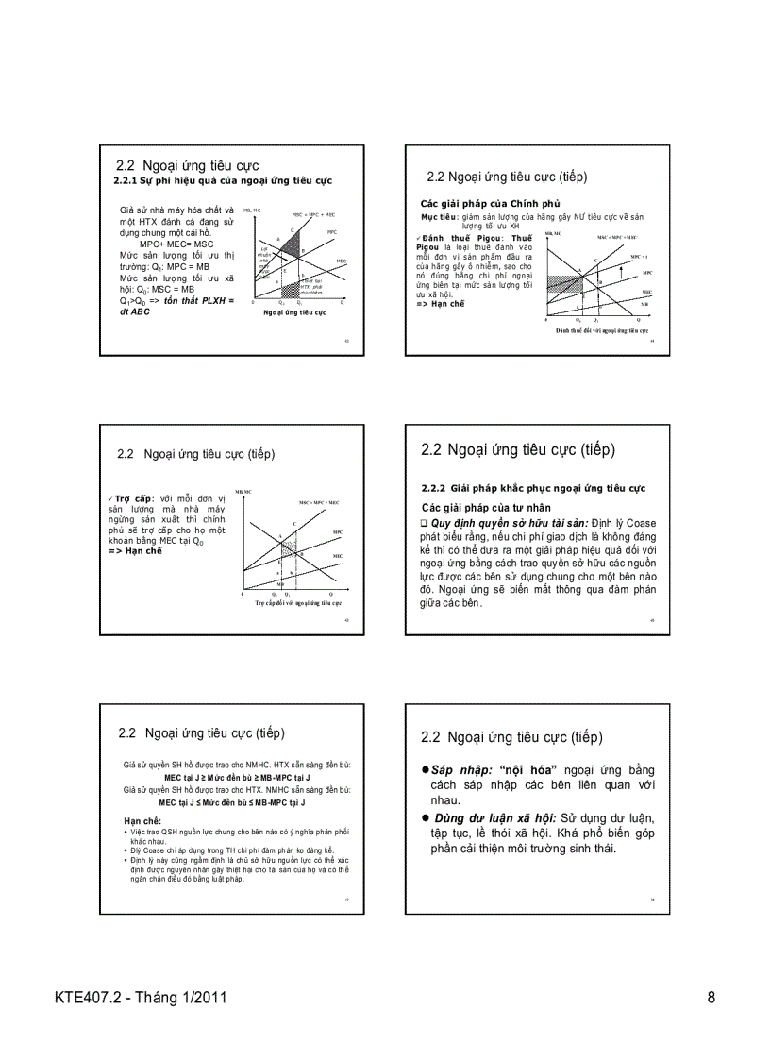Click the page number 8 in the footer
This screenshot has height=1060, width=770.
(x=711, y=998)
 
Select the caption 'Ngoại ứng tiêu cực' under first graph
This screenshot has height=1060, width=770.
(x=293, y=311)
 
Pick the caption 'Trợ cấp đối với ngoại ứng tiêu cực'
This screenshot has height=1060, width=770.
(x=297, y=601)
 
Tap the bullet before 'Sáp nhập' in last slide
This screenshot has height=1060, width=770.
(x=426, y=770)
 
